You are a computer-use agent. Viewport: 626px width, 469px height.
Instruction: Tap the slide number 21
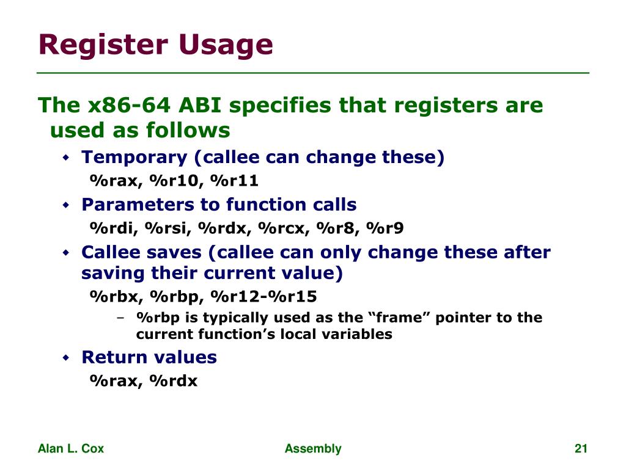(581, 449)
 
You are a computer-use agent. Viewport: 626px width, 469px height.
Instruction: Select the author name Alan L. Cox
(71, 449)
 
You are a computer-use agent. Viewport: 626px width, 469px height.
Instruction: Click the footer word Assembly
(313, 449)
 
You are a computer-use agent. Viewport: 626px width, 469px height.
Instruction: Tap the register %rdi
(114, 228)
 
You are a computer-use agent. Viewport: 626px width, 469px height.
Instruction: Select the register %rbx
(116, 297)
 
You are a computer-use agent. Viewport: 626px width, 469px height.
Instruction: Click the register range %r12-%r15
(264, 297)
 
